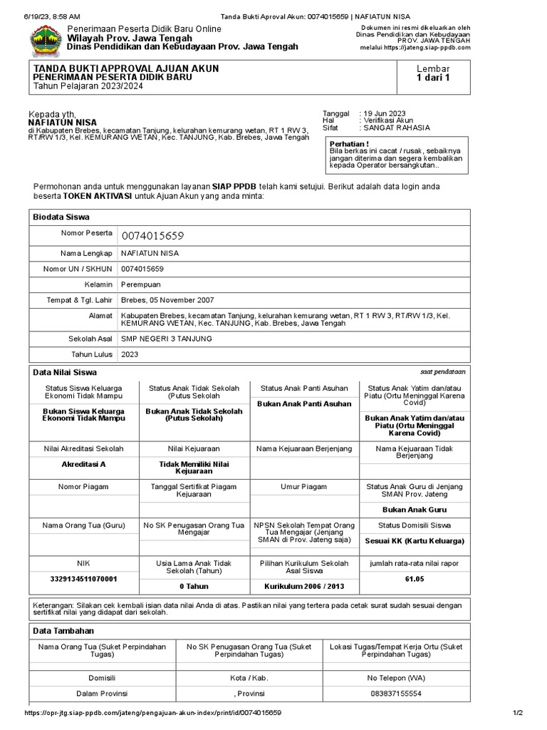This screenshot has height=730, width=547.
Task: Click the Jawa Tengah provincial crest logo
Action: pyautogui.click(x=45, y=40)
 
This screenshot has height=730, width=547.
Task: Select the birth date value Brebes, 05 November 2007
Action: pyautogui.click(x=167, y=300)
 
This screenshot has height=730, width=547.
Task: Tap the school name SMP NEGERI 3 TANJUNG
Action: pyautogui.click(x=167, y=339)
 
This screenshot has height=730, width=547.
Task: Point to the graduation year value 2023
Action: pyautogui.click(x=130, y=354)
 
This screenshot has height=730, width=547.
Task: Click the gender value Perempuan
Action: pyautogui.click(x=142, y=284)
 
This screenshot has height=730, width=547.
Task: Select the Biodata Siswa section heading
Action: pyautogui.click(x=61, y=217)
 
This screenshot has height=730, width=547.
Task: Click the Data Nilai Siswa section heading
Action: pyautogui.click(x=65, y=372)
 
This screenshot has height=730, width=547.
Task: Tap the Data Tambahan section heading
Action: pyautogui.click(x=63, y=631)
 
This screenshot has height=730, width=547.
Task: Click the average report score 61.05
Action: pyautogui.click(x=415, y=579)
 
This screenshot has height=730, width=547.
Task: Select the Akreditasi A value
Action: pyautogui.click(x=84, y=464)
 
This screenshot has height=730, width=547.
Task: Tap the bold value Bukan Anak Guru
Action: pyautogui.click(x=415, y=510)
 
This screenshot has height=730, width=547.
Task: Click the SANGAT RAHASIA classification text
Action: pyautogui.click(x=396, y=128)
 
